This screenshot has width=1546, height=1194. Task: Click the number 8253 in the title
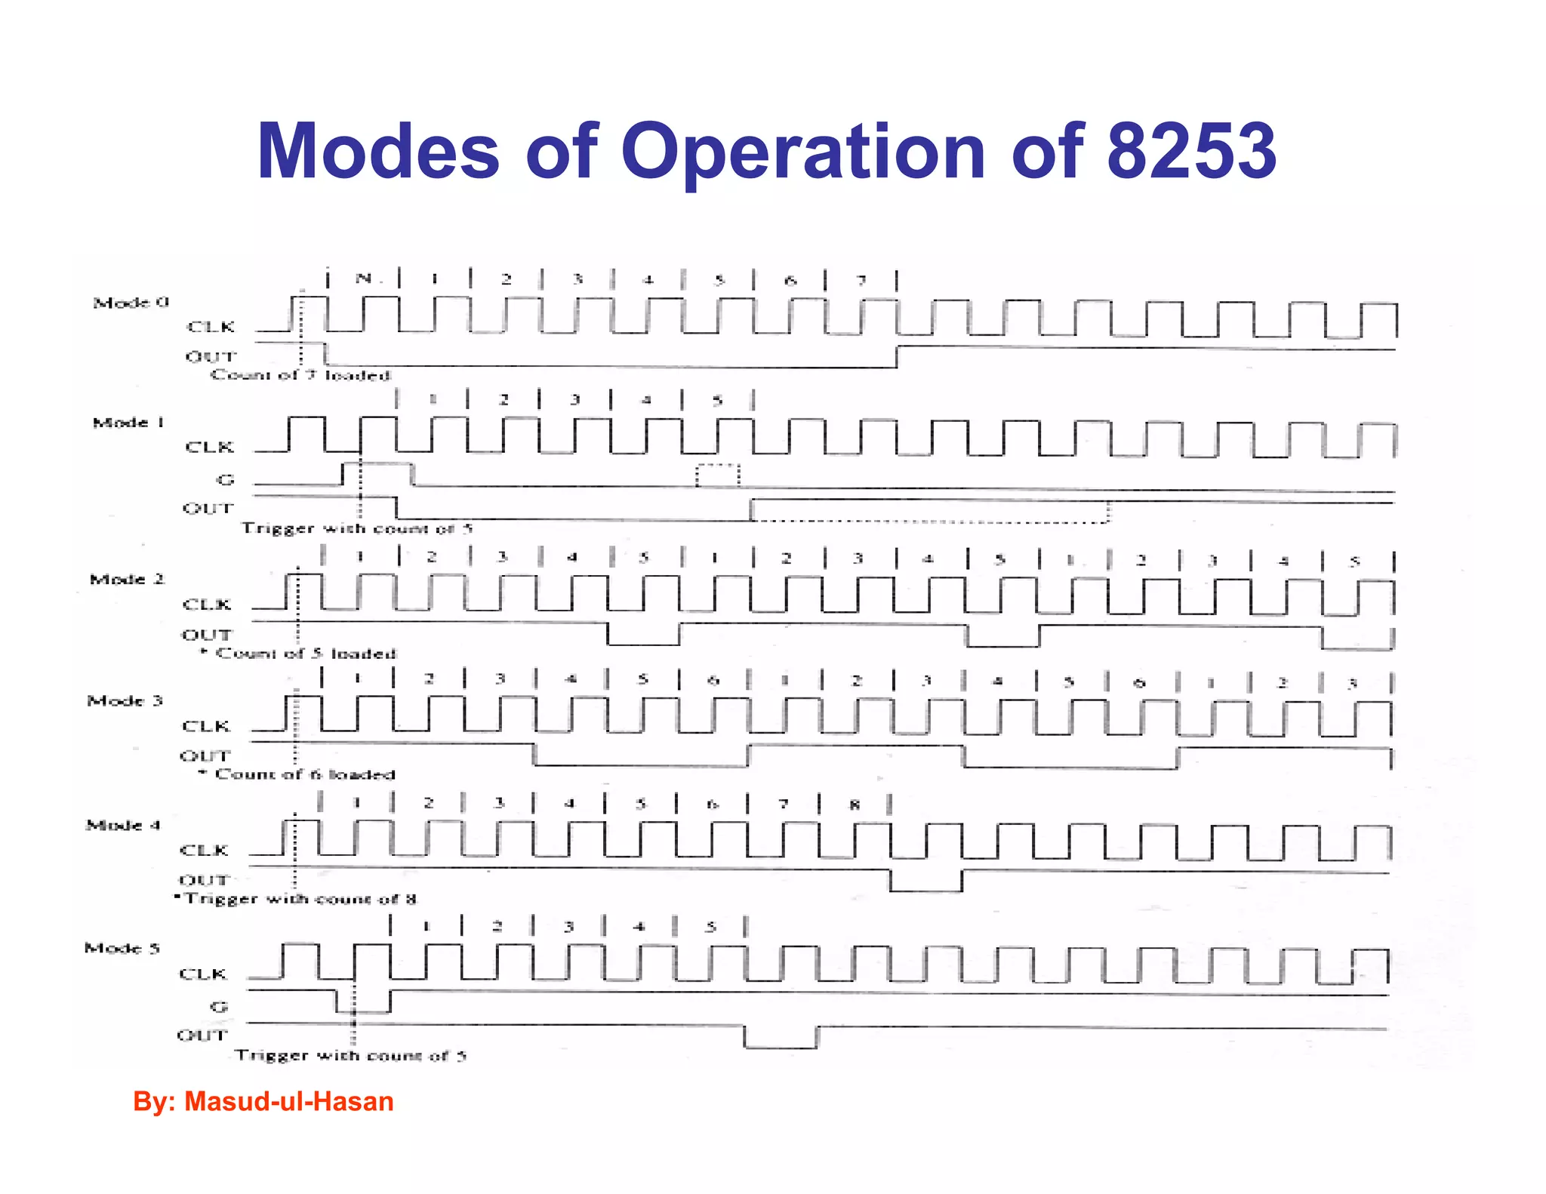[1190, 151]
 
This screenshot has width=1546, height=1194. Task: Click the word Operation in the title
[802, 152]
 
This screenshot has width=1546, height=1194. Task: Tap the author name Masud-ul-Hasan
[289, 1101]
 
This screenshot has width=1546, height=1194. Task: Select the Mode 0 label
[131, 303]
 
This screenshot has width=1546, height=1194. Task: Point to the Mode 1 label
[128, 423]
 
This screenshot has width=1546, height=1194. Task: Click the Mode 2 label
[127, 580]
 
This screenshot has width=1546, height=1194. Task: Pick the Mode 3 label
[125, 701]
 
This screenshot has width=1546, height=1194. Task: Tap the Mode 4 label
[123, 825]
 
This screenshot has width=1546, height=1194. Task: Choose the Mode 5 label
[122, 949]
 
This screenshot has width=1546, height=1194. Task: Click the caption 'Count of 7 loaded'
[300, 375]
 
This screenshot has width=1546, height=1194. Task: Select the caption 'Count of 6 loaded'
[305, 774]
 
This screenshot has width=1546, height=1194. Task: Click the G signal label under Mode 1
[225, 479]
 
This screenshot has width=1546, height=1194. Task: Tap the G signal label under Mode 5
[219, 1007]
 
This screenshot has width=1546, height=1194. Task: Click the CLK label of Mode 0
[211, 327]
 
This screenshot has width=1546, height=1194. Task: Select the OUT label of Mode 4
[203, 880]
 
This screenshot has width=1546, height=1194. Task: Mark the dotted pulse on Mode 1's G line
[717, 475]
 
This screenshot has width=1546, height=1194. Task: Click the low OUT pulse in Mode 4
[925, 882]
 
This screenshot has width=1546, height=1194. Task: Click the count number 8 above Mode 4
[855, 805]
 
